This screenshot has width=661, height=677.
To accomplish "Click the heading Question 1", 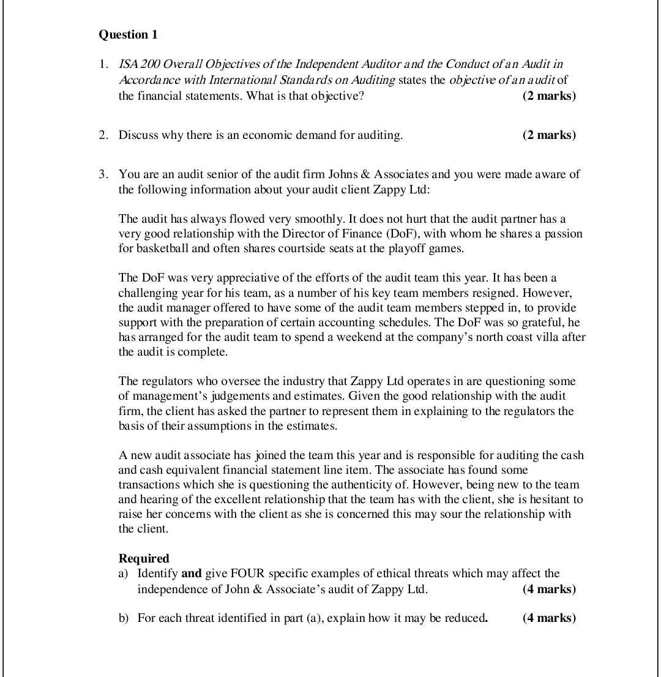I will pyautogui.click(x=128, y=35).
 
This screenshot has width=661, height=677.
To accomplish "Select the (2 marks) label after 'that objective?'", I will pyautogui.click(x=549, y=96).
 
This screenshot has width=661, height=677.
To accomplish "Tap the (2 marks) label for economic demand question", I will pyautogui.click(x=549, y=135).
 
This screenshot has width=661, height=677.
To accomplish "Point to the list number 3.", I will pyautogui.click(x=103, y=174).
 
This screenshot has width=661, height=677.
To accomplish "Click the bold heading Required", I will pyautogui.click(x=144, y=558).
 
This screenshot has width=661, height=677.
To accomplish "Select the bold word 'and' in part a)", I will pyautogui.click(x=191, y=574).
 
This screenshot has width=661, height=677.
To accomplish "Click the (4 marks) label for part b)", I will pyautogui.click(x=549, y=618).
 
